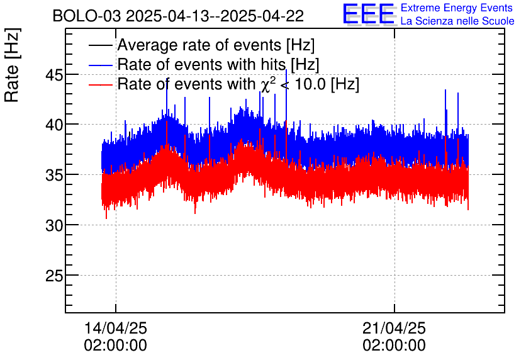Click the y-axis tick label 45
point(54,76)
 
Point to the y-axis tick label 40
point(54,125)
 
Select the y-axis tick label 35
point(54,176)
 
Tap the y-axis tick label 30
point(54,226)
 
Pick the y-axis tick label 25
point(54,276)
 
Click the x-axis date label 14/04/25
point(115,328)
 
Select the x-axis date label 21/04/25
point(394,328)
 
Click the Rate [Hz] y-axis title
point(12,65)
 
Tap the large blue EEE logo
point(369,14)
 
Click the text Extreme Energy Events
point(457,8)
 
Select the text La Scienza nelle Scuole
point(457,21)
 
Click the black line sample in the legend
point(100,45)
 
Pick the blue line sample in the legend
point(100,65)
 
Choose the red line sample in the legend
point(100,84)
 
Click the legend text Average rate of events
point(199,45)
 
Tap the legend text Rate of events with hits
point(201,64)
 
